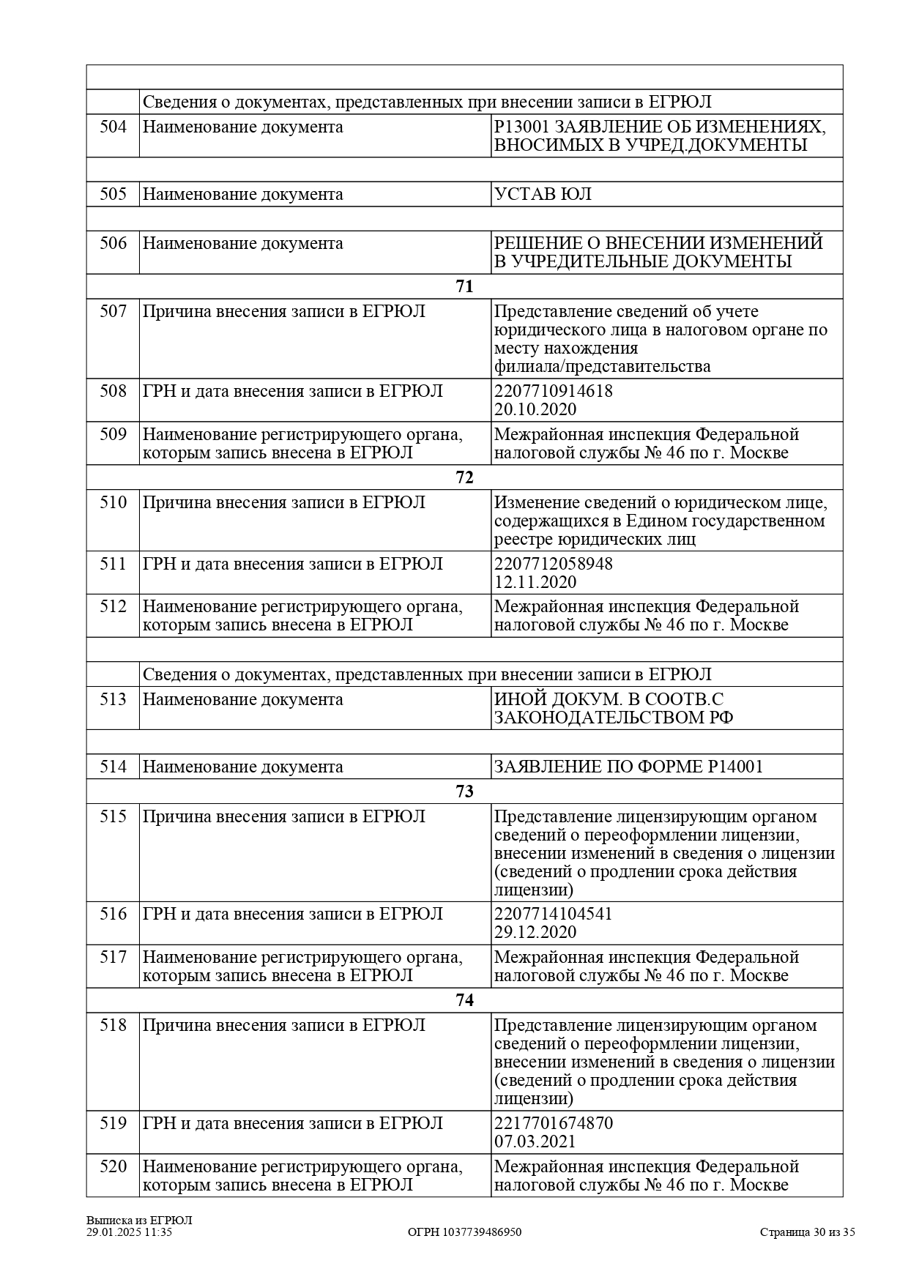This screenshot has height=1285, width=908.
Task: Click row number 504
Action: [113, 127]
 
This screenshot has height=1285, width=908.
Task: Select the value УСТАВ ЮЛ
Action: [543, 195]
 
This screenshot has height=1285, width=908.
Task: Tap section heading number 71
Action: [464, 287]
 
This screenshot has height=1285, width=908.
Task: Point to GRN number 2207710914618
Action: [554, 391]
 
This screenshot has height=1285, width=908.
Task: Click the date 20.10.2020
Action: [535, 409]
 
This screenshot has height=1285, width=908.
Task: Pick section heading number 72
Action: [464, 478]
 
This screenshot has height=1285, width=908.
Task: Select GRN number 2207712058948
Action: [554, 565]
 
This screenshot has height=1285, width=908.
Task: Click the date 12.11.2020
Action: [535, 583]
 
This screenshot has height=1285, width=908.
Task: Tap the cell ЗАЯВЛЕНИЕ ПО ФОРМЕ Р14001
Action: [628, 767]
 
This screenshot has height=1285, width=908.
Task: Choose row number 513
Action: [113, 700]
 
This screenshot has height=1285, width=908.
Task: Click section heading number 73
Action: [464, 792]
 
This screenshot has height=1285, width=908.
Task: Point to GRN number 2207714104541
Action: [554, 915]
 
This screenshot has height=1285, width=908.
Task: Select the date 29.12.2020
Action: [535, 933]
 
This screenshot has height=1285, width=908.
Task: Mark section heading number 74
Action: [464, 1001]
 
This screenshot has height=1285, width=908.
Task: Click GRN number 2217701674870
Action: [554, 1124]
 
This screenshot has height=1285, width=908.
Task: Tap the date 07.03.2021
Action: [535, 1142]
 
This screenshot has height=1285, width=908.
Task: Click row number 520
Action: [113, 1167]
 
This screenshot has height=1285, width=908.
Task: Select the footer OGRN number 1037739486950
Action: [464, 1232]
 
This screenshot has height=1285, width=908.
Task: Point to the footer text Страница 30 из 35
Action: [807, 1232]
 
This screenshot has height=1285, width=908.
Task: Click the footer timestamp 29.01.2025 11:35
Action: [129, 1232]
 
